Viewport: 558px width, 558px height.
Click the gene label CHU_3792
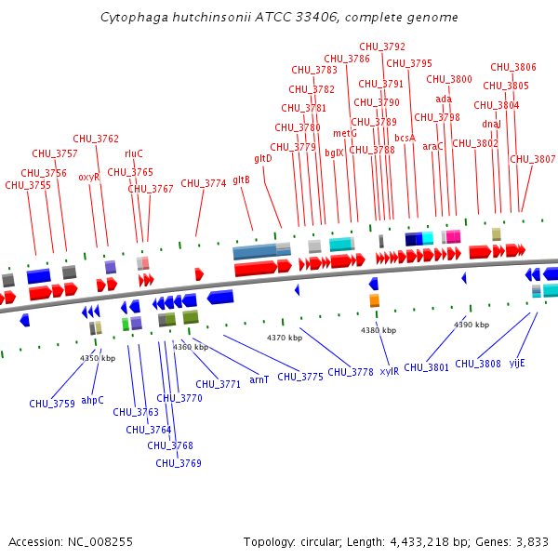[382, 46]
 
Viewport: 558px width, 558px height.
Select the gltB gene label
[242, 179]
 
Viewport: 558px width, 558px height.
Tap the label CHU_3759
[52, 404]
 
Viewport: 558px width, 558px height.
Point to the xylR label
[389, 371]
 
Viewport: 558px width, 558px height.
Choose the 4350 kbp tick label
[98, 358]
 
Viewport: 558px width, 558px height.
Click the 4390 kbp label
[472, 325]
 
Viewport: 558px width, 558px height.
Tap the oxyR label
[88, 177]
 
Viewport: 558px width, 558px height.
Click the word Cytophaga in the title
[130, 18]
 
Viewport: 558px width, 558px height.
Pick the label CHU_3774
[204, 183]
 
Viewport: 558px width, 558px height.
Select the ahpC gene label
[93, 400]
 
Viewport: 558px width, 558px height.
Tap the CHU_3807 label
[533, 159]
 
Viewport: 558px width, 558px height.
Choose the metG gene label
[345, 133]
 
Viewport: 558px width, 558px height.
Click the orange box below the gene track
[375, 300]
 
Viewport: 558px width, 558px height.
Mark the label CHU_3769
[179, 463]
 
